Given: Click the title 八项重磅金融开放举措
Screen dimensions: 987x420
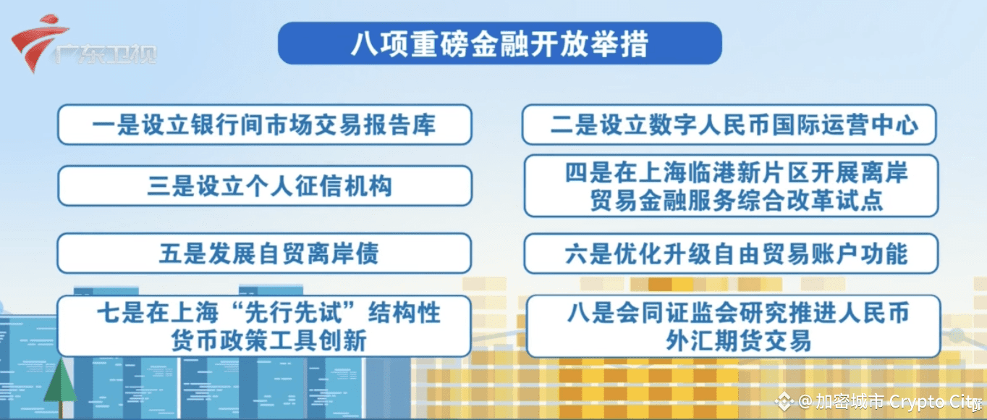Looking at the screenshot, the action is [499, 43].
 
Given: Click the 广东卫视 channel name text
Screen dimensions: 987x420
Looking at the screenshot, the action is [106, 54].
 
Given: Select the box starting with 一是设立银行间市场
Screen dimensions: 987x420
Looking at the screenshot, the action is [264, 125].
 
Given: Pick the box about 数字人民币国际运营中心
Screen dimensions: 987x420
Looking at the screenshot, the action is [729, 125].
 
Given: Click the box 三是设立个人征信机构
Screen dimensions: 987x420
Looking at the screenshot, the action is [264, 185].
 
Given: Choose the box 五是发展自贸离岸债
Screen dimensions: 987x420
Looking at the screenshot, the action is [264, 253].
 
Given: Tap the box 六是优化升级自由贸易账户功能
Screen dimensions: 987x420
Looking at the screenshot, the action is [732, 253].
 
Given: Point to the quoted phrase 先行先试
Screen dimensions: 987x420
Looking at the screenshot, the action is [294, 313].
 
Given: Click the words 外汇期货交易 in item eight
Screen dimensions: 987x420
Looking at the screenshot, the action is [738, 340].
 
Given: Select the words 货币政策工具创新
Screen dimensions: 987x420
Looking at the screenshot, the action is [268, 340].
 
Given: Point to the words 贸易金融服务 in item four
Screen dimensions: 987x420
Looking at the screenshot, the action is [663, 201].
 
